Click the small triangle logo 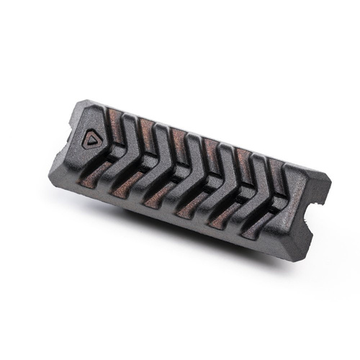pyautogui.click(x=91, y=140)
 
